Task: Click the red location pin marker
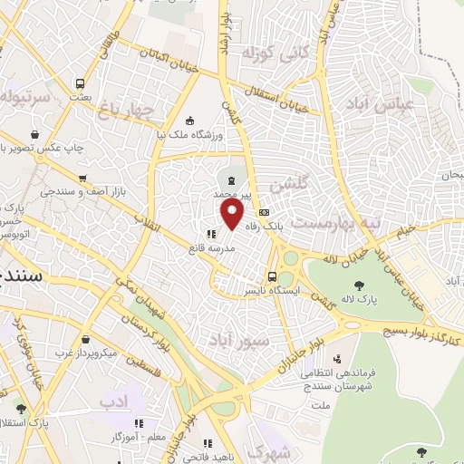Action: pyautogui.click(x=233, y=216)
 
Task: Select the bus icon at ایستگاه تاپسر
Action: pyautogui.click(x=272, y=276)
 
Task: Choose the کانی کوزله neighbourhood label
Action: pyautogui.click(x=270, y=54)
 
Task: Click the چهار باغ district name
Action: pyautogui.click(x=136, y=111)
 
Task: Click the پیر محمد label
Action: pyautogui.click(x=230, y=194)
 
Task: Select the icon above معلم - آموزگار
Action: pyautogui.click(x=140, y=423)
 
